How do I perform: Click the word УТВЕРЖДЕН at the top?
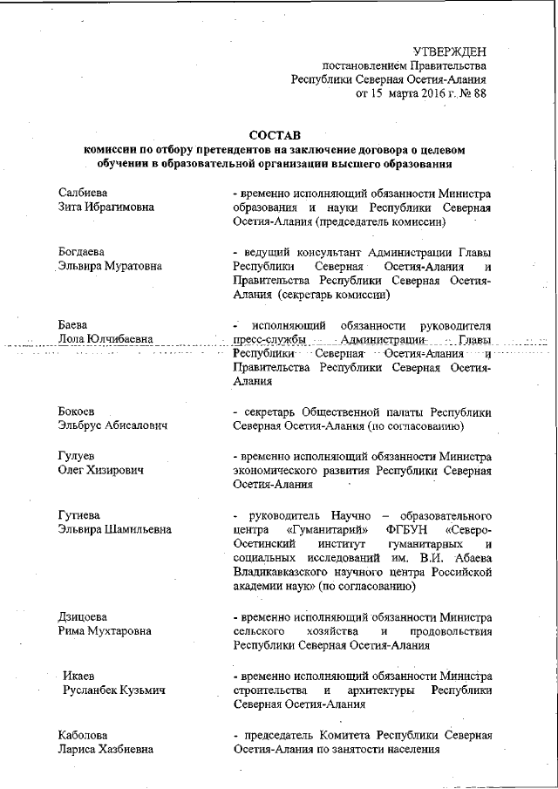click(x=450, y=52)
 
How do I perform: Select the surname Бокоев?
click(x=77, y=412)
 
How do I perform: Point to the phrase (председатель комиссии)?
click(x=379, y=222)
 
